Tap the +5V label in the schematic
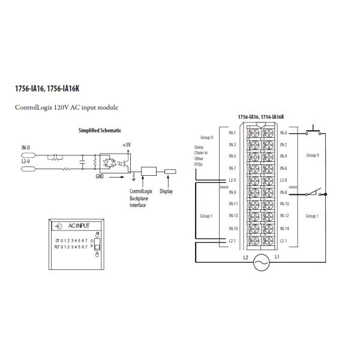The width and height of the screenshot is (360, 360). tap(125, 145)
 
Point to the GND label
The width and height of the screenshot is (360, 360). tap(100, 177)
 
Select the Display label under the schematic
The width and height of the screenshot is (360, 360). tap(166, 191)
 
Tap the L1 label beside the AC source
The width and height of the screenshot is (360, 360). tap(277, 257)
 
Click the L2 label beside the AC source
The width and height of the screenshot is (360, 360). tap(245, 257)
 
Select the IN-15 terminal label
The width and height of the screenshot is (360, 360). tap(233, 229)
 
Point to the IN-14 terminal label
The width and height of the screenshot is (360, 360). tap(284, 229)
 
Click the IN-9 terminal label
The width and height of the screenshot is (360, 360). tap(233, 193)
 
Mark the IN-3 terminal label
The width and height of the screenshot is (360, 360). tap(233, 145)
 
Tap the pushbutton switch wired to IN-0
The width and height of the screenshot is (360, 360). tap(313, 131)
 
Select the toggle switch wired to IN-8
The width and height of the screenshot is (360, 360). tap(314, 193)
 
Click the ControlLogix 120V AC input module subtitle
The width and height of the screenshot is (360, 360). tap(67, 107)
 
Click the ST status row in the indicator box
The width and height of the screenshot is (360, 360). tap(71, 239)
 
